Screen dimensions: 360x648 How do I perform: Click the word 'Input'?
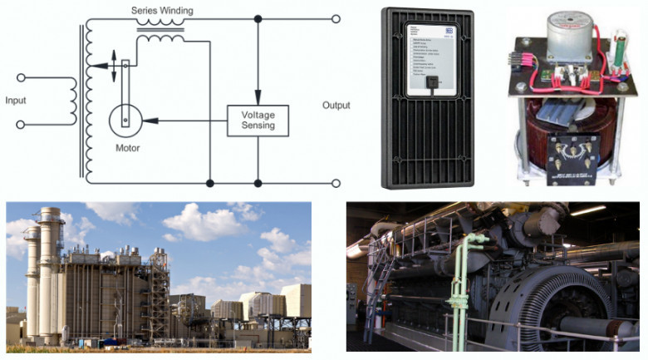click(x=22, y=101)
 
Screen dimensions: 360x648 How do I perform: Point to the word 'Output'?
click(x=336, y=106)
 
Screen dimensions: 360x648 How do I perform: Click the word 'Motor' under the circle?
click(x=127, y=149)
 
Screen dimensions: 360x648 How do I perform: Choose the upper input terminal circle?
click(x=22, y=77)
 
